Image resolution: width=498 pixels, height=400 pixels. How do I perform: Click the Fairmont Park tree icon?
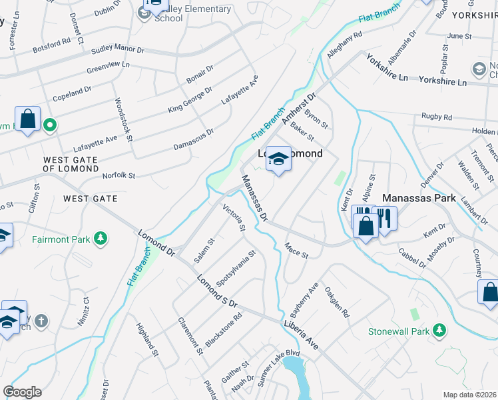click(101, 238)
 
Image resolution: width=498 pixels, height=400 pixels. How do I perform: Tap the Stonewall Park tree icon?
click(439, 330)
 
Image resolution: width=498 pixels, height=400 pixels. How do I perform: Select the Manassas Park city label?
click(419, 198)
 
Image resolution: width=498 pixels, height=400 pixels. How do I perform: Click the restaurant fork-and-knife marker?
click(384, 217)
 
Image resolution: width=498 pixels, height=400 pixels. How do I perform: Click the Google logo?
click(22, 392)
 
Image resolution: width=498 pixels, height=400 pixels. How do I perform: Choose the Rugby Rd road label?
click(437, 117)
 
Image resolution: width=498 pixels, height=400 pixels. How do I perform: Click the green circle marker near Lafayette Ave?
click(49, 124)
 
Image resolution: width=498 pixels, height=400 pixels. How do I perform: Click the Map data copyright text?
click(469, 395)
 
